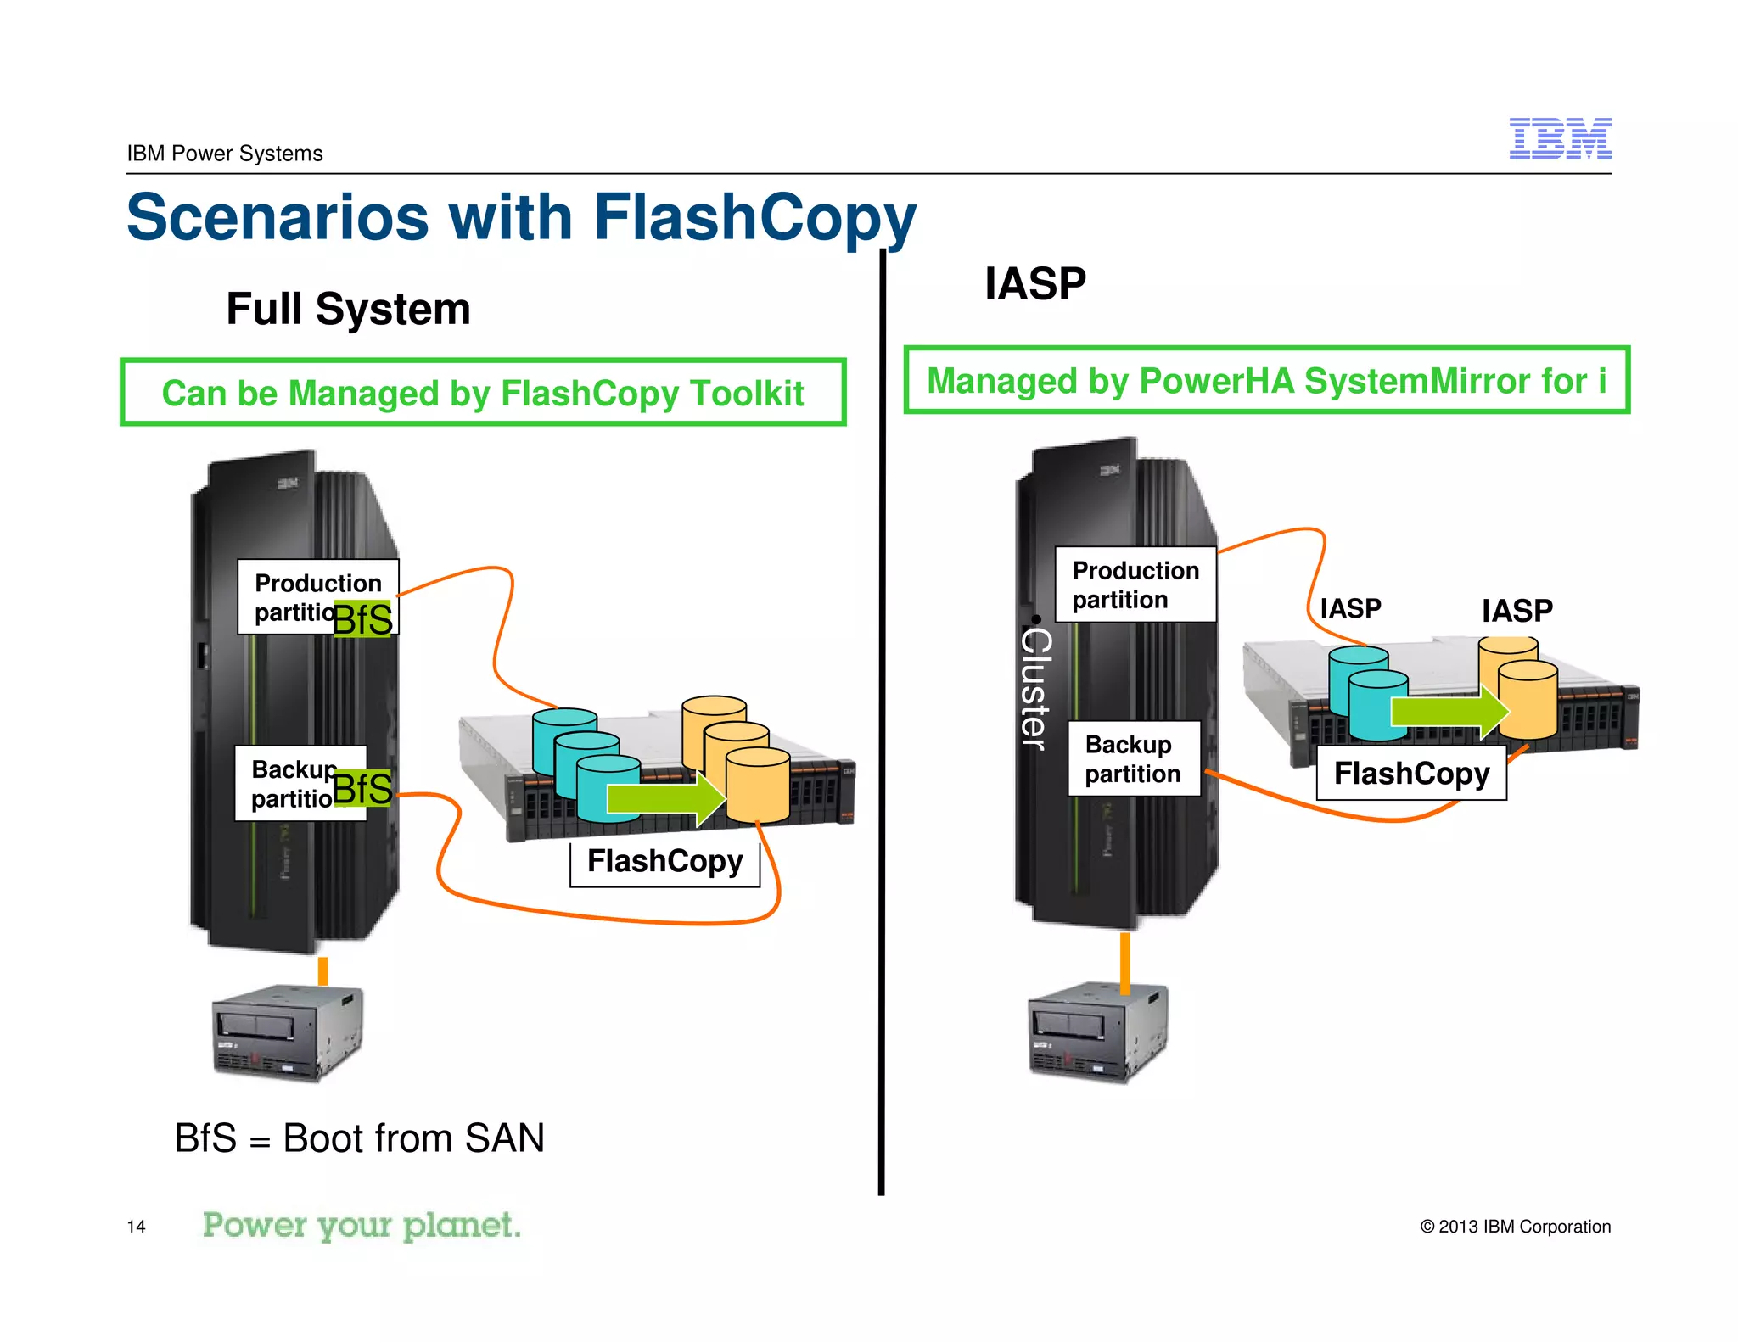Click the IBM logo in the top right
point(1560,139)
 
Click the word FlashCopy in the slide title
point(754,218)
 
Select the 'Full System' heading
point(348,309)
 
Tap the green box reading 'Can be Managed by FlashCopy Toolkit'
point(483,393)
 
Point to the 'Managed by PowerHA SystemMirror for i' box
point(1266,381)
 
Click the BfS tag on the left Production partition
point(363,619)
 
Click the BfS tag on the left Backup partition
point(362,789)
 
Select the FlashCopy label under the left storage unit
point(664,862)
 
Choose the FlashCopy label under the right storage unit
point(1411,774)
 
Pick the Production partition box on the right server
point(1135,585)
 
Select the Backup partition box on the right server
point(1133,759)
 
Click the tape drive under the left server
point(287,1032)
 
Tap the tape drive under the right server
point(1097,1032)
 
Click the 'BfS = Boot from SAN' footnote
point(359,1138)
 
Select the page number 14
point(136,1227)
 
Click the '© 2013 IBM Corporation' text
point(1515,1227)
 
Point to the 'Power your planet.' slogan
point(362,1226)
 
